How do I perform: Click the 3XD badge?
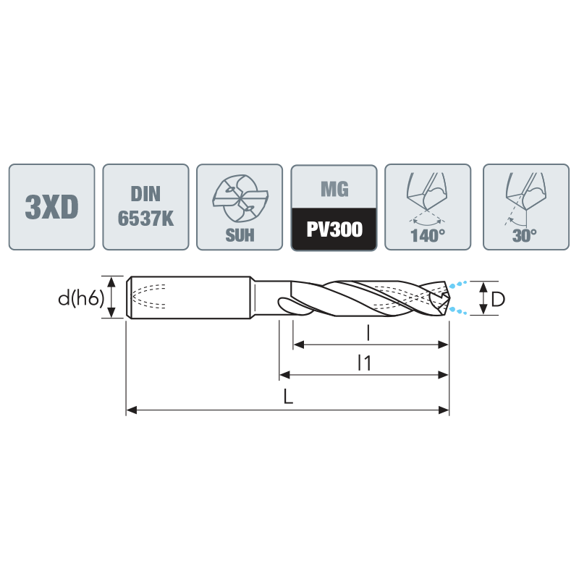coord(51,207)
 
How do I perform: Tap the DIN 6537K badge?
coord(146,207)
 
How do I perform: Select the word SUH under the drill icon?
coord(240,235)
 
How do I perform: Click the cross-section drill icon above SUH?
coord(240,198)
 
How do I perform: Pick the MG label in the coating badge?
coord(334,189)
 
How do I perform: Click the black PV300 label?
coord(334,229)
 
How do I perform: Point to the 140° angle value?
coord(428,236)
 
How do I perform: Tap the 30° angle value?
coord(524,236)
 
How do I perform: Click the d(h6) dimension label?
coord(81,298)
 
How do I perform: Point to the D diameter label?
coord(498,299)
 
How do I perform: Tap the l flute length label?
coord(368,334)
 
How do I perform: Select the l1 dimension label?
coord(365,363)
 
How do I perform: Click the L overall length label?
coord(288,397)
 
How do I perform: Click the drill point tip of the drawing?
coord(449,297)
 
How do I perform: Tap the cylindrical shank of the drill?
coord(189,297)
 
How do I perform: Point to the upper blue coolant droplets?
coord(458,284)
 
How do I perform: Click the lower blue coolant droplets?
coord(458,310)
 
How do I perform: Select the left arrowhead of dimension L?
coord(132,410)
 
